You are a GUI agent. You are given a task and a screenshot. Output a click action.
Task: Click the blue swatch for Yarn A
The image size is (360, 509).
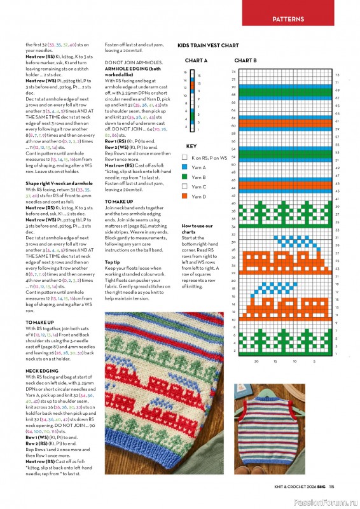click(184, 167)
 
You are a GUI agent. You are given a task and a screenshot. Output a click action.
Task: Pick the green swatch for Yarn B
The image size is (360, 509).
click(184, 177)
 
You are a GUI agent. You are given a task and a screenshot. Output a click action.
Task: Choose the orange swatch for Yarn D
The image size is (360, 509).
click(184, 197)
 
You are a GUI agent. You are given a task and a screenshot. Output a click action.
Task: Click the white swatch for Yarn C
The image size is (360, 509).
click(184, 187)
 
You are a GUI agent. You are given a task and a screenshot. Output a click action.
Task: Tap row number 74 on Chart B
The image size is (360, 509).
click(234, 71)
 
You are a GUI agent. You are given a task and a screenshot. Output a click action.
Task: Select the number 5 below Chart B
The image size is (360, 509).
click(314, 361)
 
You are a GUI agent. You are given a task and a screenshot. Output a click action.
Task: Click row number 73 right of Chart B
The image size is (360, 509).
click(336, 75)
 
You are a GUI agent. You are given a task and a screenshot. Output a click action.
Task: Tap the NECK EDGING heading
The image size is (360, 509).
click(42, 370)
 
